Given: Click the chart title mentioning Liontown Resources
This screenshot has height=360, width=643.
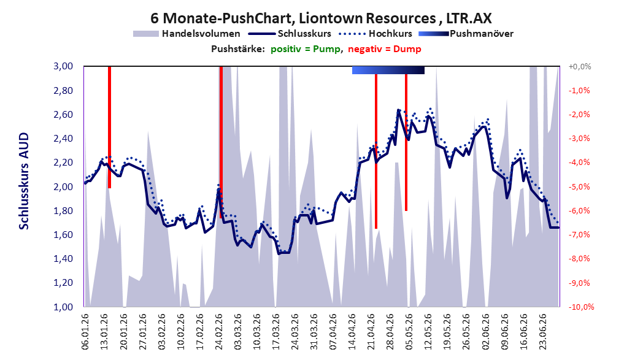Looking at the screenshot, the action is [x=321, y=18].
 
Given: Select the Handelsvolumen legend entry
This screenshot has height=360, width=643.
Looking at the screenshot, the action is [x=187, y=34].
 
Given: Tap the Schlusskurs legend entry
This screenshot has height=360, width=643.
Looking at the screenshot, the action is [x=290, y=34].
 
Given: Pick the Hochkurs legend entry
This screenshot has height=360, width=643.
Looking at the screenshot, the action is [x=375, y=34].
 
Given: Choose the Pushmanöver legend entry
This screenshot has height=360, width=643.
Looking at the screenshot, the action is [x=466, y=34].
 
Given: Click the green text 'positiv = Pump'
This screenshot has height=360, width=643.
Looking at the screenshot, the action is [x=306, y=49].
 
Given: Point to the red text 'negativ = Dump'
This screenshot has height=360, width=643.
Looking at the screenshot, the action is [x=385, y=49].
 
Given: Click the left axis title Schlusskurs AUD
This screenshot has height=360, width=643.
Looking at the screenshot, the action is [x=24, y=181].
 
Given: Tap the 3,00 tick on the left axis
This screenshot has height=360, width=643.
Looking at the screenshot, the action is [x=63, y=66].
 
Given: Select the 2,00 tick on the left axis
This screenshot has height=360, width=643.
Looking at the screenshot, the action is [x=63, y=186].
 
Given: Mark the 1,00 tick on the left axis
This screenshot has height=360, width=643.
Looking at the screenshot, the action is [x=63, y=307].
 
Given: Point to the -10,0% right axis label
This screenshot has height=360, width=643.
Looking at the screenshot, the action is [x=581, y=307].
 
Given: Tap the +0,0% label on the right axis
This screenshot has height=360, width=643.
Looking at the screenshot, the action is [x=580, y=66].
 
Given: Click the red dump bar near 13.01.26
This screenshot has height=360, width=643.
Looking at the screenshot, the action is [x=109, y=127].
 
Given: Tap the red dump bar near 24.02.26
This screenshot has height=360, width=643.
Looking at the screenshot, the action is [x=221, y=142].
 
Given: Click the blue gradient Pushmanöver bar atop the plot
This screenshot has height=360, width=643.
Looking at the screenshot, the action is [x=388, y=70].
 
